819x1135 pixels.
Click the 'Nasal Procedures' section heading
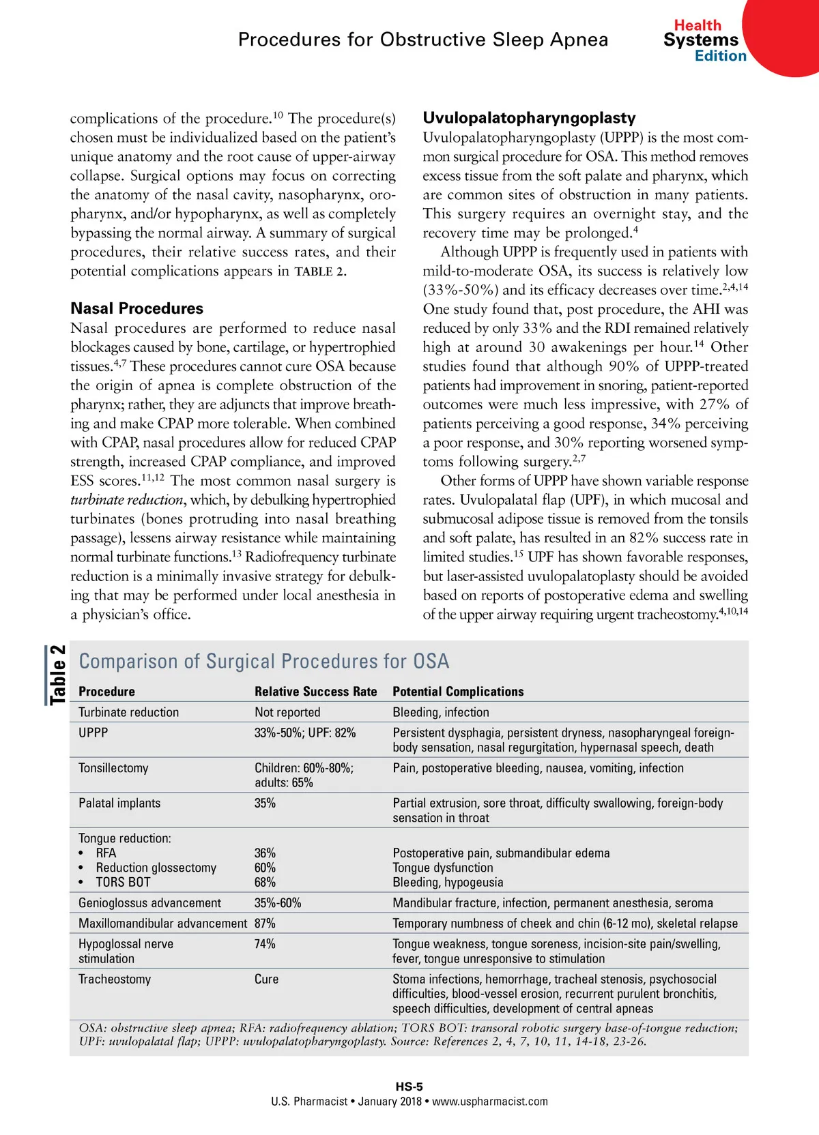(x=136, y=308)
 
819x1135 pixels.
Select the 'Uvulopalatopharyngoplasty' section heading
(x=529, y=118)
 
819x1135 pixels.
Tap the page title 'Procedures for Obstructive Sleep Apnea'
(x=422, y=40)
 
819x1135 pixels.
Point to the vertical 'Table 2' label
(x=57, y=675)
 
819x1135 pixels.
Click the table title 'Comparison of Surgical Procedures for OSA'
(x=264, y=661)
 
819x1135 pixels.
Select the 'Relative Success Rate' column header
(x=315, y=691)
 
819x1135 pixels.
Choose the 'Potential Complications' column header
(x=458, y=691)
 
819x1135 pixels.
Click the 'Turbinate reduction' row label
(x=128, y=712)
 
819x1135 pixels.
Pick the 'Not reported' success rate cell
(x=287, y=712)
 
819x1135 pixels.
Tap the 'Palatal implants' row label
(x=119, y=803)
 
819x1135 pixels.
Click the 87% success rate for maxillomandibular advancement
(x=265, y=923)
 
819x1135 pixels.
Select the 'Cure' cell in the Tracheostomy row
(x=266, y=979)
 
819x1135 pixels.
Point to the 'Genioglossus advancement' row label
(x=149, y=902)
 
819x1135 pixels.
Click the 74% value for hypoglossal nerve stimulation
(x=265, y=944)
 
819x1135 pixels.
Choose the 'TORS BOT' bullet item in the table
(x=123, y=882)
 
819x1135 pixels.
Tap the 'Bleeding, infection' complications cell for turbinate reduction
(x=441, y=712)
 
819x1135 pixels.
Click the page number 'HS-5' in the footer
(x=409, y=1087)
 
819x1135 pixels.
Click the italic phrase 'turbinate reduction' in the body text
(x=127, y=500)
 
